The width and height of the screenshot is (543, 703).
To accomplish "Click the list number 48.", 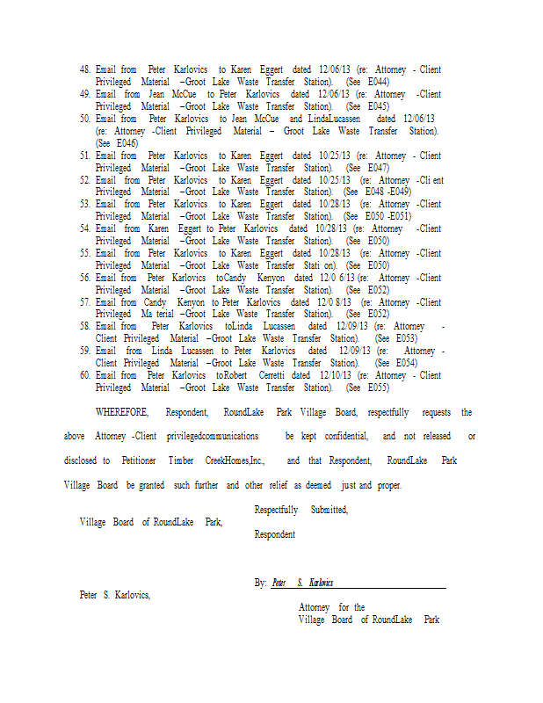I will tap(85, 69).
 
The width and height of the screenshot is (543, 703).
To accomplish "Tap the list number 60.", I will tap(85, 375).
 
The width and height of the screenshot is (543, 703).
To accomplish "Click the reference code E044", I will tap(379, 82).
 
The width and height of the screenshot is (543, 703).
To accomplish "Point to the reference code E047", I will tap(379, 167).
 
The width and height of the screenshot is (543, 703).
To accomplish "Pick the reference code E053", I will tap(406, 338).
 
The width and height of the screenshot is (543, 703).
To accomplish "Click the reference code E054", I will tap(406, 363).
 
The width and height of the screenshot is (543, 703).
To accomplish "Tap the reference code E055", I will tap(379, 388).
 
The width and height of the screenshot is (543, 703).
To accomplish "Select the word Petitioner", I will tap(140, 460).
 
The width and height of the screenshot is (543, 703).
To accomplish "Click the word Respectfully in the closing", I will tap(276, 510).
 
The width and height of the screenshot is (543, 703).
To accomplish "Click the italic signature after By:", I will tap(302, 583).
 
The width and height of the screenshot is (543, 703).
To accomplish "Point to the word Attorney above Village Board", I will tap(314, 607).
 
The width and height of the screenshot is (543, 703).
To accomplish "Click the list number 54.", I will tap(85, 228).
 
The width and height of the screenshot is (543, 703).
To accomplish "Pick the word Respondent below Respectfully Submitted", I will tap(274, 534).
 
